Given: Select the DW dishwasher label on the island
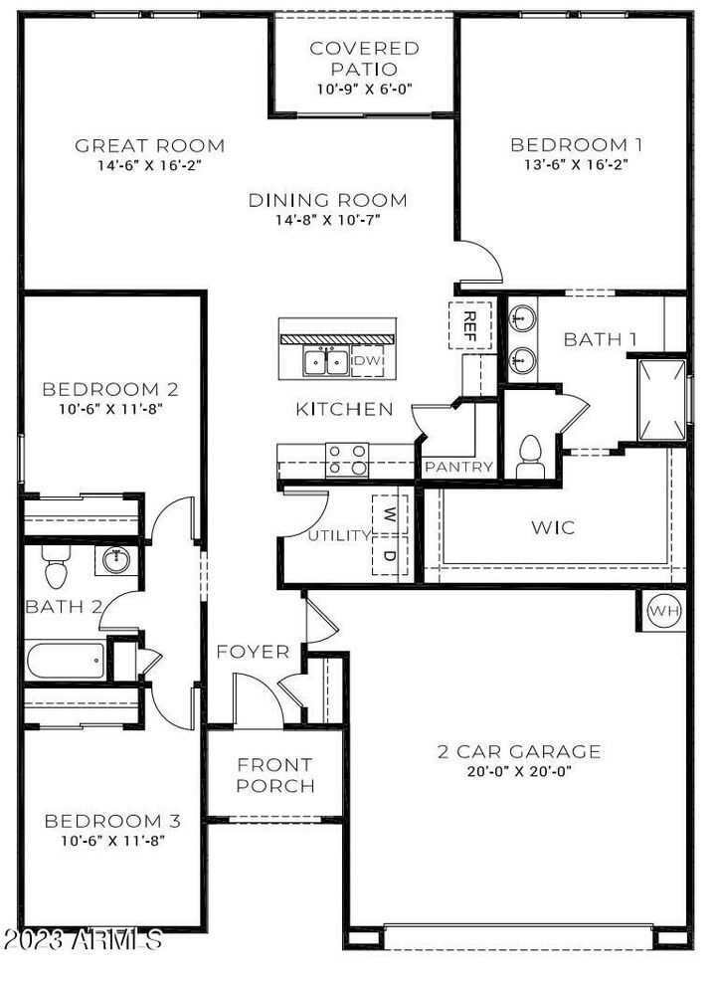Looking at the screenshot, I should (367, 361).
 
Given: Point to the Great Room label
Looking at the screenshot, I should (150, 146).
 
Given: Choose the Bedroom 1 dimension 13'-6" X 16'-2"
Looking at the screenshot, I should (576, 166).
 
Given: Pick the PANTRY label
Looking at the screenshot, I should (458, 467).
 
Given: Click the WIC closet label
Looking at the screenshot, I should (553, 527).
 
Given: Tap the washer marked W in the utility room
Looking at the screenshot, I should (389, 515).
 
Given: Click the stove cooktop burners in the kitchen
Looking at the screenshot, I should (348, 458).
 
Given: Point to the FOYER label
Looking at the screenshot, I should (254, 653).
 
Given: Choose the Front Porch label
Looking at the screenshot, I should (274, 775).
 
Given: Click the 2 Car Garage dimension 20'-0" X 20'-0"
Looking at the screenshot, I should (518, 770).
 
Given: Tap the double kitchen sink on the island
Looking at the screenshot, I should (325, 361).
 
